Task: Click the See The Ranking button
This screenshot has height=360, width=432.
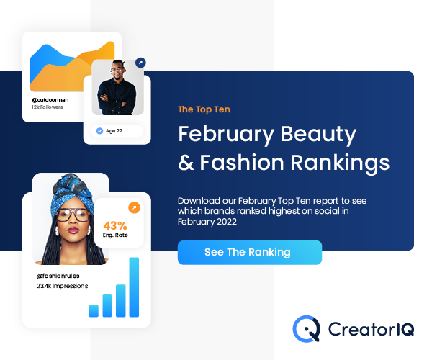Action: (x=250, y=253)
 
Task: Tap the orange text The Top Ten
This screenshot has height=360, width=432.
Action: (x=204, y=109)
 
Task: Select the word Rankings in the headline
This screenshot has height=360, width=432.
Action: (x=340, y=163)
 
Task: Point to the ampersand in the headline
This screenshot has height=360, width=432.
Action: (x=186, y=163)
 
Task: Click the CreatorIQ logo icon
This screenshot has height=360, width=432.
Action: (x=307, y=329)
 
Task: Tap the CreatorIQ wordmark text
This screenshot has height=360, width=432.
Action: (x=371, y=329)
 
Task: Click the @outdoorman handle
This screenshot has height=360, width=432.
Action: (x=50, y=99)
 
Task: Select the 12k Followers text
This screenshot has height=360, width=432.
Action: (x=47, y=107)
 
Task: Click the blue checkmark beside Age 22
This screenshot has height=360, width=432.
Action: (x=99, y=131)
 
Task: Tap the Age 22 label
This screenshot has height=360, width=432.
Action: (x=114, y=131)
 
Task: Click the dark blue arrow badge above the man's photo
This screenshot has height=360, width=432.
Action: (x=140, y=63)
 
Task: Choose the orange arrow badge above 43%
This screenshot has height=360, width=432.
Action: (x=134, y=207)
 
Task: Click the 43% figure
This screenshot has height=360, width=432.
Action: (x=115, y=226)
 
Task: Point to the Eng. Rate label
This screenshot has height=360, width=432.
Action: (x=115, y=235)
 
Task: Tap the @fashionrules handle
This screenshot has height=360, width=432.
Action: (x=58, y=276)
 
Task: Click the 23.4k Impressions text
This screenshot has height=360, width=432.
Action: (x=62, y=286)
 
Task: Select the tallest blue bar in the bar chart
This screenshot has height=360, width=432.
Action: (x=134, y=287)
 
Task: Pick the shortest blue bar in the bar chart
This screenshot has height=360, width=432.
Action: (x=94, y=311)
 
